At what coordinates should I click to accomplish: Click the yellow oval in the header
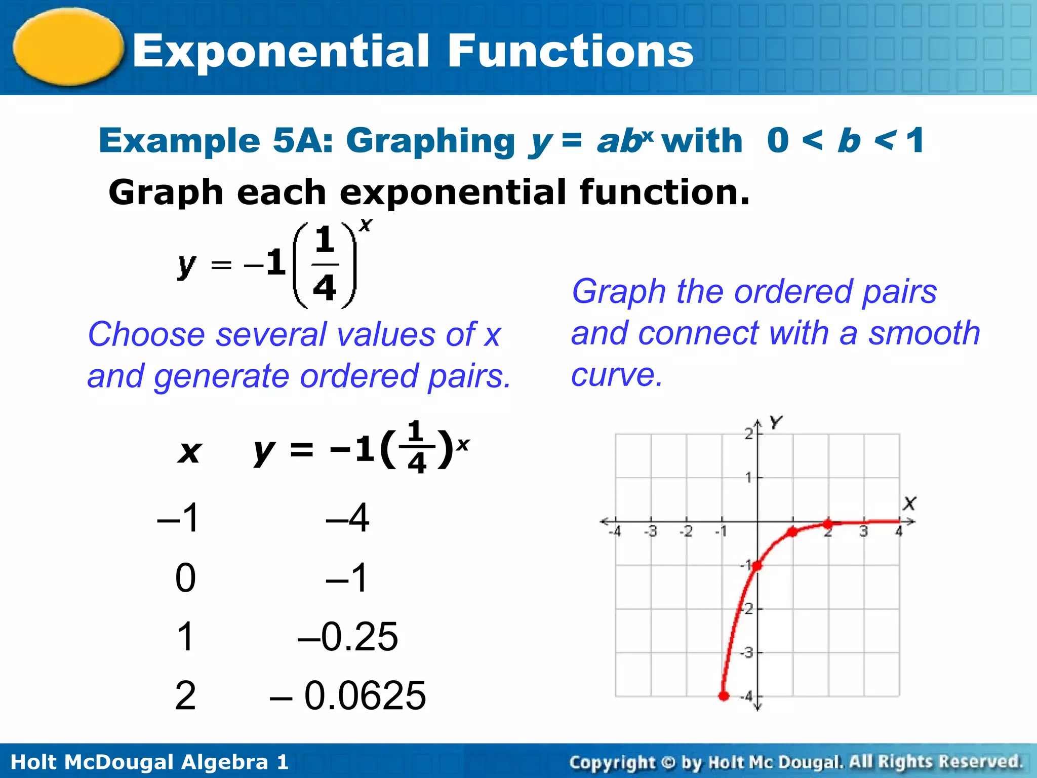68,47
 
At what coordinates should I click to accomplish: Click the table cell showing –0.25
348,636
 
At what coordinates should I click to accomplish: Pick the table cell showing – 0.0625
348,695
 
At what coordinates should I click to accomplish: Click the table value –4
348,518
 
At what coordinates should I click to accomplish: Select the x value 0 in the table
185,577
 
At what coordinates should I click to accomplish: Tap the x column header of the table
189,451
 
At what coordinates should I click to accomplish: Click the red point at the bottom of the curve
724,696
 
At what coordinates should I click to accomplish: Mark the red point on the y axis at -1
757,566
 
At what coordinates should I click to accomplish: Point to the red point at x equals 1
792,532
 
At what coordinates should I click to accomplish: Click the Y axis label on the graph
776,422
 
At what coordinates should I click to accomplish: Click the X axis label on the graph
909,503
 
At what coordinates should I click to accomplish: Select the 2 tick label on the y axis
748,434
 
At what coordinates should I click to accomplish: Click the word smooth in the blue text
924,333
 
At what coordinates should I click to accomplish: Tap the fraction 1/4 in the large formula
325,264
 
